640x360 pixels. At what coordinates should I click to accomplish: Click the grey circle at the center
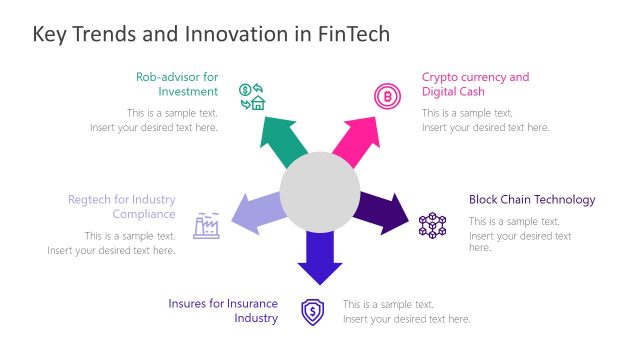tap(320, 191)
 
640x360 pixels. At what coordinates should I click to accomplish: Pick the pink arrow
tap(357, 141)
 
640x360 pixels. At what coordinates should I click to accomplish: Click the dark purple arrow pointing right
tap(383, 211)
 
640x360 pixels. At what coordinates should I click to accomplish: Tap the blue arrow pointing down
tap(320, 257)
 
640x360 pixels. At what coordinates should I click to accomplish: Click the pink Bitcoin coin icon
tap(385, 96)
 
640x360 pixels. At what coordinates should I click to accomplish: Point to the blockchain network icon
tap(432, 224)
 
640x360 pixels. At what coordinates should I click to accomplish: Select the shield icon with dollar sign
tap(313, 311)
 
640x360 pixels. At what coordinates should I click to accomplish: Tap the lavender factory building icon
tap(206, 224)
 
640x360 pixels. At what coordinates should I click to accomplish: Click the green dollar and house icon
tap(251, 96)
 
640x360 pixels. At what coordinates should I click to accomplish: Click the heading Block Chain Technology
tap(532, 199)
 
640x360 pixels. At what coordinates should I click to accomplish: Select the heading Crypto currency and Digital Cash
tap(475, 84)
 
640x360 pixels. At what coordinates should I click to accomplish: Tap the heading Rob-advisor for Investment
tap(177, 84)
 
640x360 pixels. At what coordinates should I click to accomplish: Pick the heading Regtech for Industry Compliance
tap(121, 206)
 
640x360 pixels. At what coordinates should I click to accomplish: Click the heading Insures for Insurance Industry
tap(223, 310)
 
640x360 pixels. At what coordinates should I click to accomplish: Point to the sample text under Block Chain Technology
tap(520, 234)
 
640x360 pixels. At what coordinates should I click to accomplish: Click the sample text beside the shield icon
tap(406, 311)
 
